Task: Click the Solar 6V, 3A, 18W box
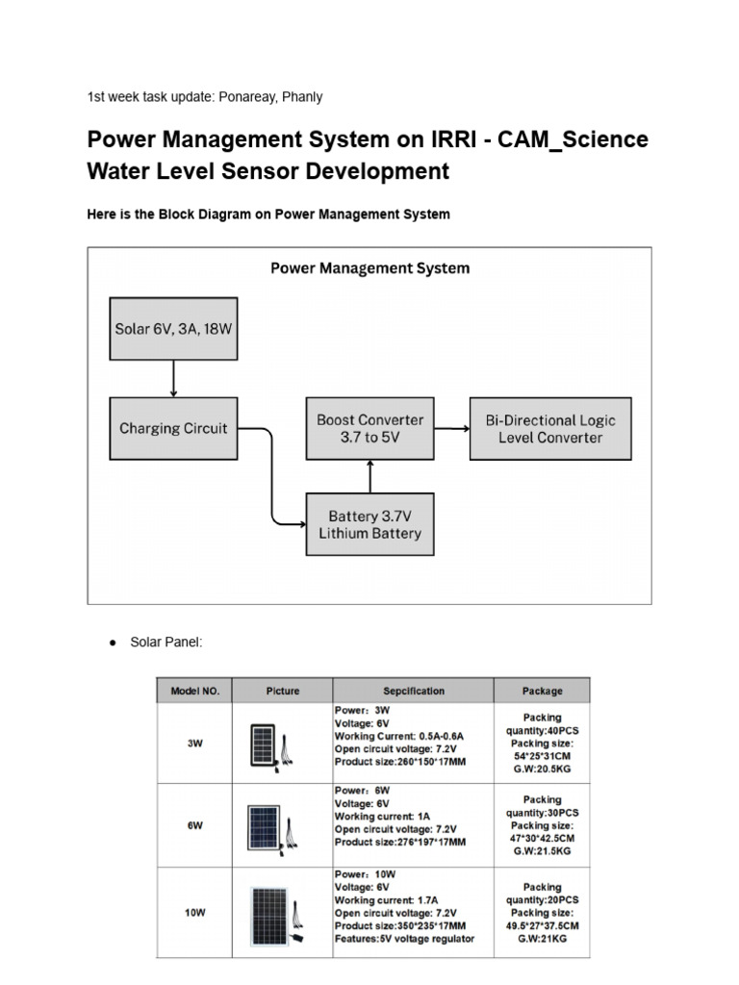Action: coord(173,328)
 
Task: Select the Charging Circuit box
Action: coord(173,428)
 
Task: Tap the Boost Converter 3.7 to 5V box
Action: coord(370,428)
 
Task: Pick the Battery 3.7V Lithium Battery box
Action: coord(370,524)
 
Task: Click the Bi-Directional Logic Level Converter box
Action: coord(550,428)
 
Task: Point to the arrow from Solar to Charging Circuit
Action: coord(173,379)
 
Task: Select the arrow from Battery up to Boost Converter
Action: coord(370,476)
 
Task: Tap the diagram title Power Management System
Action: coord(369,268)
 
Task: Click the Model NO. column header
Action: coord(195,691)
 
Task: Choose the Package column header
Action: coord(542,691)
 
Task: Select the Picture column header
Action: coord(282,691)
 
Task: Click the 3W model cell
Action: coord(195,743)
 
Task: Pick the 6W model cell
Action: coord(195,825)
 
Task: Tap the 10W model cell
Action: coord(195,912)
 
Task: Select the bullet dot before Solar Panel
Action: coord(112,643)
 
